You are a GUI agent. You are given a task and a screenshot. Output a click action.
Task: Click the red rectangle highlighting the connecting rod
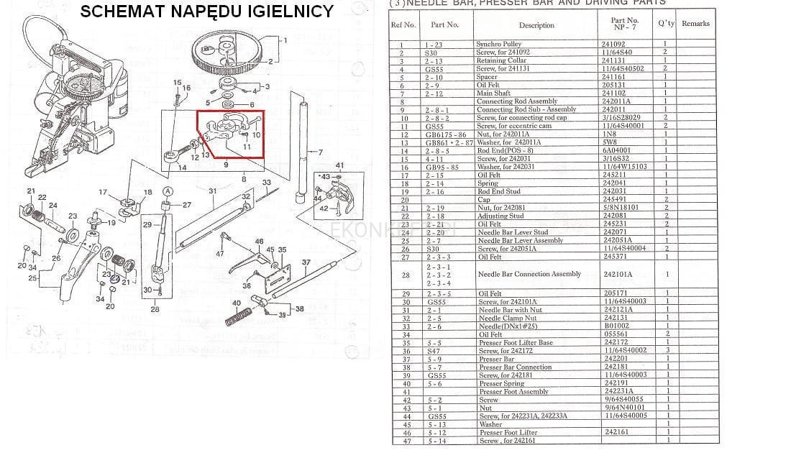pos(231,133)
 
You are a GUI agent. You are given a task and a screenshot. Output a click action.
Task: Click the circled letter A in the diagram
pos(168,191)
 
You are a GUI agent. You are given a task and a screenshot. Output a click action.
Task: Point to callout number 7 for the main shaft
pos(321,152)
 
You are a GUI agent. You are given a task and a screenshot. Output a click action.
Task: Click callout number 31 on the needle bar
pos(213,191)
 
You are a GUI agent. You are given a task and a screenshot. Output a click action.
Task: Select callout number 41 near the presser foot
pos(339,166)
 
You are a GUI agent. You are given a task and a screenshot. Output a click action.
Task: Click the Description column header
pos(536,25)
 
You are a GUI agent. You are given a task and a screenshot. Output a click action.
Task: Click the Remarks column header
pos(695,24)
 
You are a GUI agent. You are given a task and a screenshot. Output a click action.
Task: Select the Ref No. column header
pos(403,24)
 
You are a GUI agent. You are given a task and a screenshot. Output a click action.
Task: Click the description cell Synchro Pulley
pos(498,45)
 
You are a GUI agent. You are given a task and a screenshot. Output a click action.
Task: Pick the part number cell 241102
pos(614,93)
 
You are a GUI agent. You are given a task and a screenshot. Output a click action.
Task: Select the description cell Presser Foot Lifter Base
pos(516,343)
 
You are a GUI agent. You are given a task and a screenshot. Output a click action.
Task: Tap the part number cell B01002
pos(615,326)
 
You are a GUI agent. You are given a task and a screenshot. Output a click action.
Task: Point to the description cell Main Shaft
pos(493,93)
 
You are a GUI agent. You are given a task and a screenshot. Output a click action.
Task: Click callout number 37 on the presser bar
pos(306,262)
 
